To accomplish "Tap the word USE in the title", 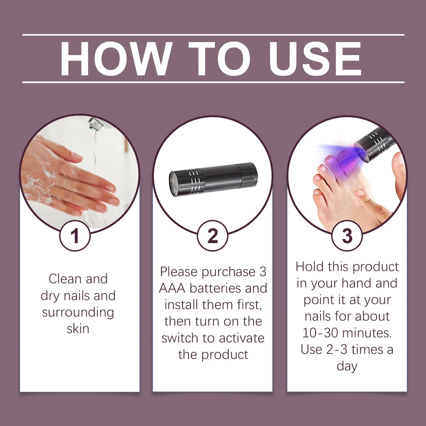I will coord(315,58).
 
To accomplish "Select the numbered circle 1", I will coord(75,236).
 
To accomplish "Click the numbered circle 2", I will coord(213,236).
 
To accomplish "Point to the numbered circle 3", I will coord(347,236).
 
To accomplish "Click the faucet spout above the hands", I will coord(95,123).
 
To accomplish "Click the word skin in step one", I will coord(78,329).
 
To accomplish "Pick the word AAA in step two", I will coord(172,288).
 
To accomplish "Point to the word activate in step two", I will coord(242,338).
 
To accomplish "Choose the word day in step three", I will coord(347,366).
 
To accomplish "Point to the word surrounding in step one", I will coord(78,313).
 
